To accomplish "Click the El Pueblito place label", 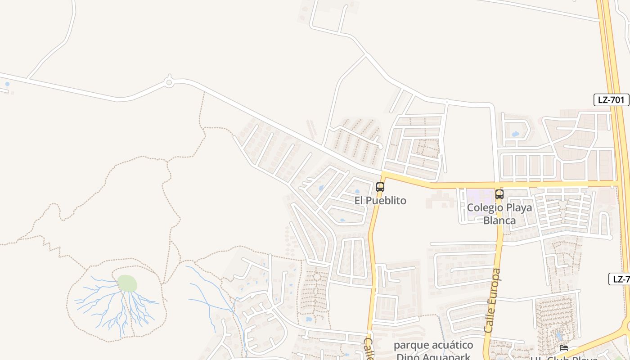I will point(380,201).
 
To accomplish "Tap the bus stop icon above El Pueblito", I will point(380,187).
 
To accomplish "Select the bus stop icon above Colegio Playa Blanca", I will point(499,194).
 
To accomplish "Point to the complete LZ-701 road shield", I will point(611,100).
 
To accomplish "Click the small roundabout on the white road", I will point(169,82).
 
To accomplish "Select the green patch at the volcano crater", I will point(127,283).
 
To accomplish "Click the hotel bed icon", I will point(563,348).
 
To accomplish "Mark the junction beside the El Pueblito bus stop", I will point(384,175).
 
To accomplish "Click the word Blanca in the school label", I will point(499,221).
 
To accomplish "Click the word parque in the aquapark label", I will point(409,346).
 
